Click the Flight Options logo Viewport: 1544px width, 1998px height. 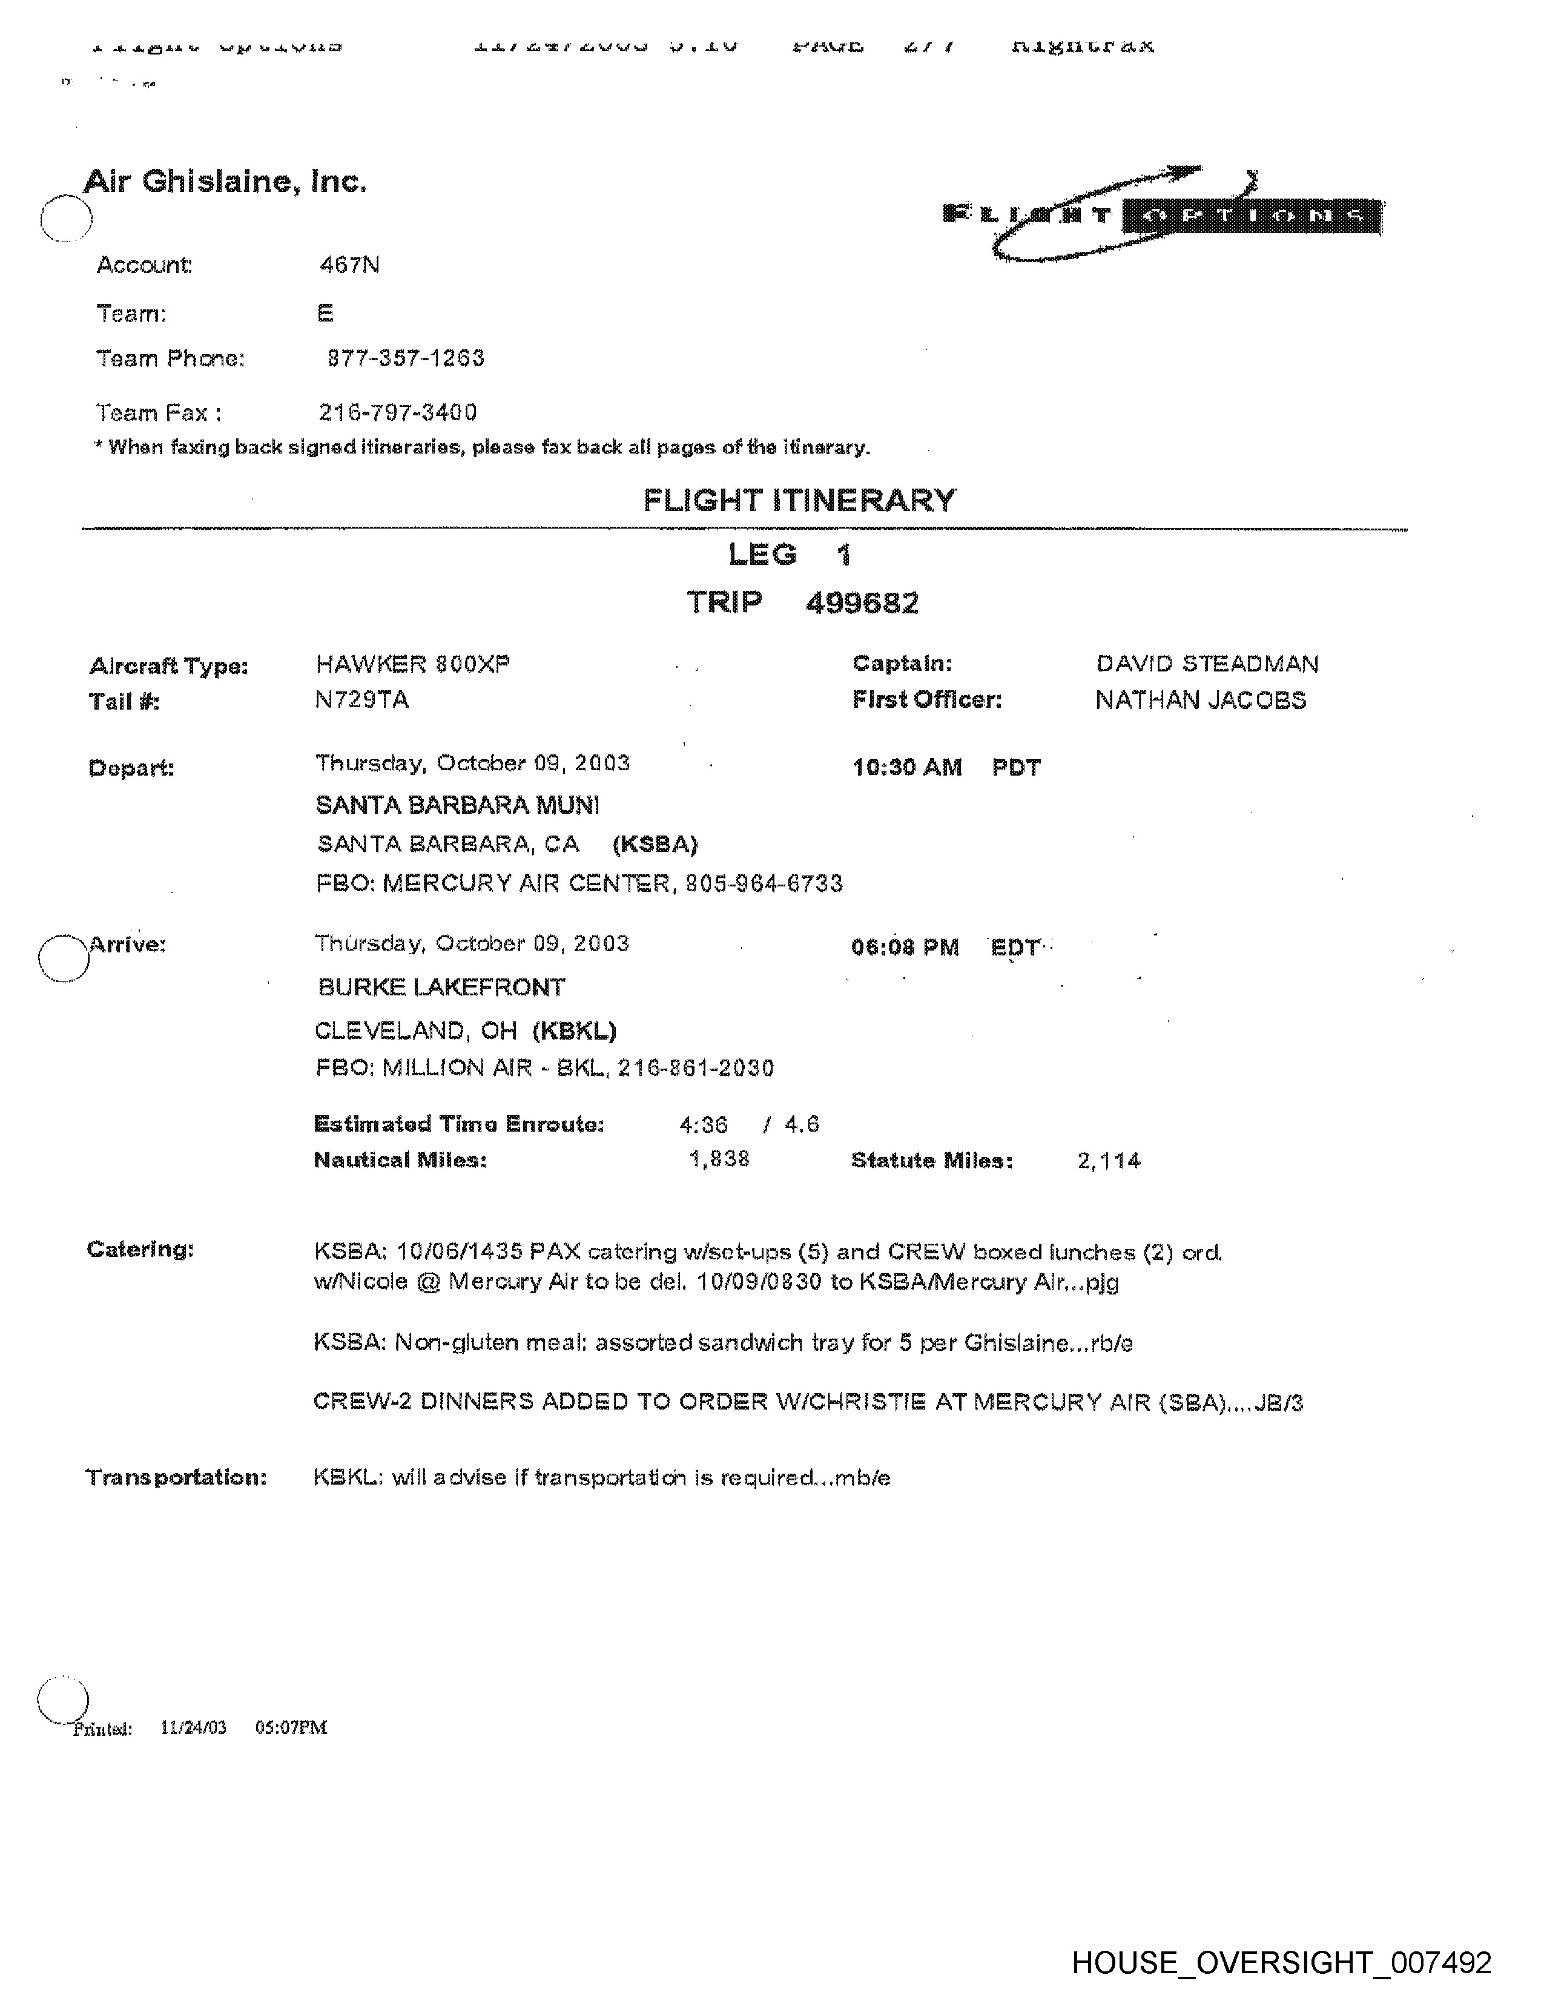coord(1162,214)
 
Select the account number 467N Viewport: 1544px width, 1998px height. coord(349,265)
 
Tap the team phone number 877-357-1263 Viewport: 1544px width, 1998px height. coord(405,358)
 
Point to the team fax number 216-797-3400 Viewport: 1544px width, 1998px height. coord(398,412)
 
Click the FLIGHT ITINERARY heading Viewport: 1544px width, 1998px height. coord(799,501)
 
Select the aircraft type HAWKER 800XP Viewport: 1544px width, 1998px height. coord(412,664)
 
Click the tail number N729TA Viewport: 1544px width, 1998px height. coord(361,700)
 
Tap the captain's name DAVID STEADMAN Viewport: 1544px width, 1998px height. coord(1207,664)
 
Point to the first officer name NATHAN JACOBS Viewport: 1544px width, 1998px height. coord(1200,700)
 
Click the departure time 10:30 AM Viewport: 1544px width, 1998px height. coord(906,768)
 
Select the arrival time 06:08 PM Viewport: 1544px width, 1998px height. coord(905,948)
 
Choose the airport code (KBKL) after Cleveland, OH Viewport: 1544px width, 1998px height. coord(575,1031)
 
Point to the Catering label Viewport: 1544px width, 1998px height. coord(140,1250)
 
